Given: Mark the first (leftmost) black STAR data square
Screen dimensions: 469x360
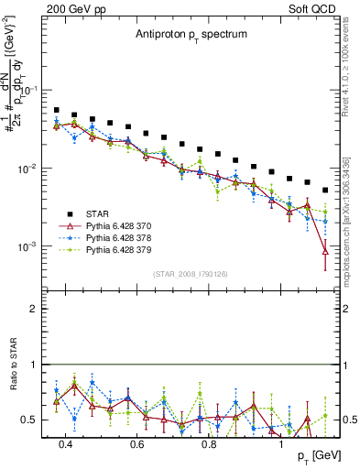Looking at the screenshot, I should pyautogui.click(x=57, y=110).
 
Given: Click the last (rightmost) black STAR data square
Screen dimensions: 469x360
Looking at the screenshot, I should pyautogui.click(x=324, y=191).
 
